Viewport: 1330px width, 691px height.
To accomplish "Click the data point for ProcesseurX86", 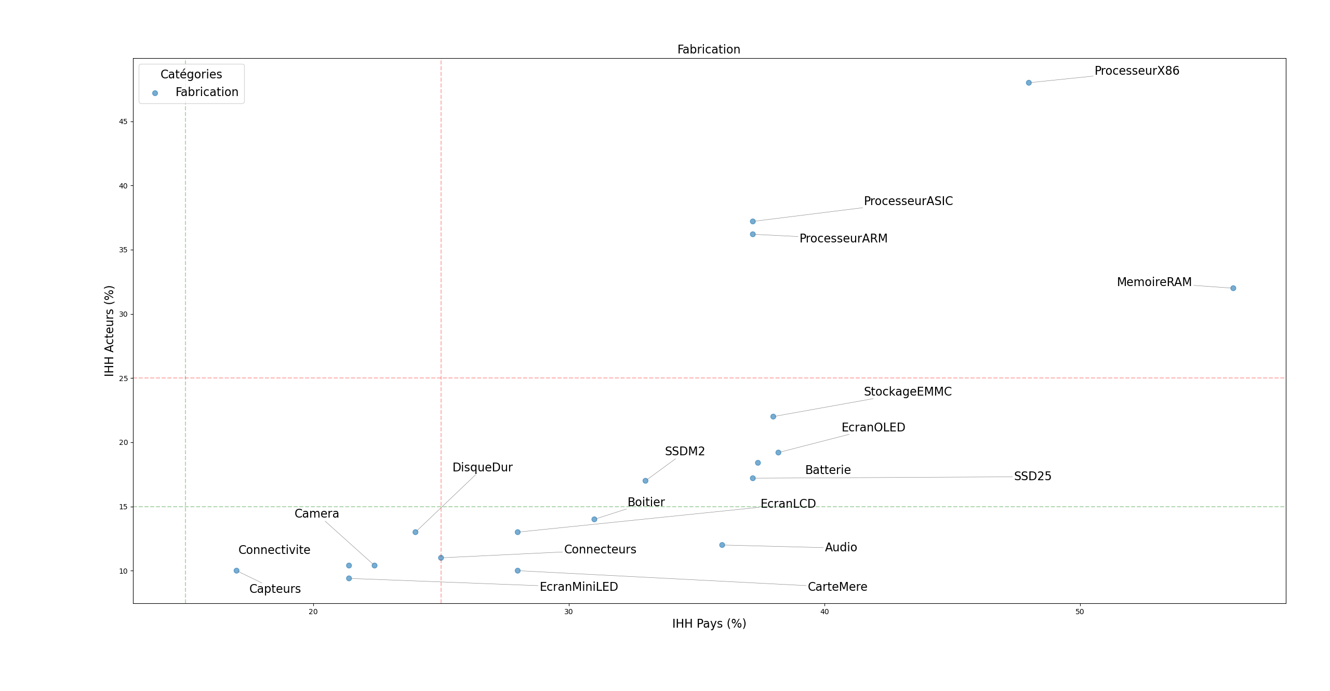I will click(1029, 83).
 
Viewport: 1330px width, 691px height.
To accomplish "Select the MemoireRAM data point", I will click(1233, 288).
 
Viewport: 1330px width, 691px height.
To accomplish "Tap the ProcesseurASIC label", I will click(908, 201).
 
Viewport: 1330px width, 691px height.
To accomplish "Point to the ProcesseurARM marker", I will click(753, 234).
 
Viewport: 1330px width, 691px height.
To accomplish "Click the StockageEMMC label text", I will click(908, 392).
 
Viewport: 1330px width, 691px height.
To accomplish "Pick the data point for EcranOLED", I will click(778, 453).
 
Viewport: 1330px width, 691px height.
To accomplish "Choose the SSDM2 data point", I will click(645, 481).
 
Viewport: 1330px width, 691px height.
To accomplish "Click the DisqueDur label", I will click(482, 468).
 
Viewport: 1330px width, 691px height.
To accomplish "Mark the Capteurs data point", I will click(236, 571).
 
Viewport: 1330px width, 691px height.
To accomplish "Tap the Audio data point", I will click(722, 545).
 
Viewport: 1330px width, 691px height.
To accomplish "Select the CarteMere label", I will click(837, 587).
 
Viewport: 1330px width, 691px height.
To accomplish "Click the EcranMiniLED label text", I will click(579, 587).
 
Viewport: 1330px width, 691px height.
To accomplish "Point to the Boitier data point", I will click(594, 519).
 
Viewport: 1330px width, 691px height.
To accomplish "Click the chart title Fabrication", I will click(709, 50).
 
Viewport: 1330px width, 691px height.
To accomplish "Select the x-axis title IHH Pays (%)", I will click(709, 624).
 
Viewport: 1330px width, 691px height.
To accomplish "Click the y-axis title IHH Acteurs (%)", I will click(109, 331).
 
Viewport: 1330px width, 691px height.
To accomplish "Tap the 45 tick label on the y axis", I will click(123, 122).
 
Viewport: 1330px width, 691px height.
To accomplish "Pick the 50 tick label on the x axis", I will click(1080, 612).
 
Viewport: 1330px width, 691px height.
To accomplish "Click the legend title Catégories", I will click(191, 74).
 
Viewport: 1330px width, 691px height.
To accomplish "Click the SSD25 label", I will click(1032, 477).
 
